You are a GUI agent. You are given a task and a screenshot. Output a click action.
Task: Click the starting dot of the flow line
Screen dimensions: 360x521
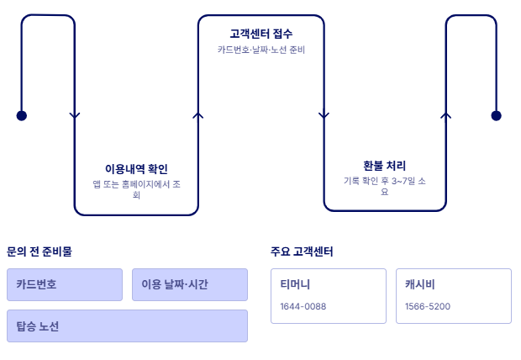(x=22, y=115)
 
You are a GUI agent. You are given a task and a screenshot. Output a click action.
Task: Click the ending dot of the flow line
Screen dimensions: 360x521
(x=496, y=115)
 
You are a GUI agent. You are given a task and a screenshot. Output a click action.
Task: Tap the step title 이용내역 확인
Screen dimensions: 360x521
(x=136, y=169)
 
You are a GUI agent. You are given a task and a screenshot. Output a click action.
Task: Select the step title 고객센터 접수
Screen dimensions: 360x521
(x=261, y=34)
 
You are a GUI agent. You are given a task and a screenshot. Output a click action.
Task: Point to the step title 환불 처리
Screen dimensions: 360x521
(x=385, y=166)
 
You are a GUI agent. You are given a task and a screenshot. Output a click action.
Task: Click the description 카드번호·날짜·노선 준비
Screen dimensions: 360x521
(x=261, y=50)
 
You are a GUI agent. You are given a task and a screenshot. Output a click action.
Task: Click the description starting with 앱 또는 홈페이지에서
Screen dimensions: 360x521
(x=136, y=189)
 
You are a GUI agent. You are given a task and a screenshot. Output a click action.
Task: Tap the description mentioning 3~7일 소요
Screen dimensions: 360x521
(x=385, y=186)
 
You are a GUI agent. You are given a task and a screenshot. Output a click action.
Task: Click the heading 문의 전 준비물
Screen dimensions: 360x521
(x=39, y=251)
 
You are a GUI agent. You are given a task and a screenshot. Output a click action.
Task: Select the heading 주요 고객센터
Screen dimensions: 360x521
(x=303, y=251)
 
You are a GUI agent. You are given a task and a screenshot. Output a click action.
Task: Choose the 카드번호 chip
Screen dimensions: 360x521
(x=66, y=284)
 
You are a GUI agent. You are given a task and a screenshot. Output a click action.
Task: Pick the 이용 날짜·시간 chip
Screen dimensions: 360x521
(x=190, y=284)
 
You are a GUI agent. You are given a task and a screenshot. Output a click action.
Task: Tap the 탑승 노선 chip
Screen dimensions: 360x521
(x=127, y=326)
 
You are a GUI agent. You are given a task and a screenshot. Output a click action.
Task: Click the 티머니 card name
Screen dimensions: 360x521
(x=295, y=284)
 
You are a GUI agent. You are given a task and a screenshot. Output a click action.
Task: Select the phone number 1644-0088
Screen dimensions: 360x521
(x=303, y=306)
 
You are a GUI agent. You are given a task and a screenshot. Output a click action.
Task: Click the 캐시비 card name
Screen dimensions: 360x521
(x=419, y=284)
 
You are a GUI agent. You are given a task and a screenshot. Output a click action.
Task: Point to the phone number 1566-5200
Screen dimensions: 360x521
(x=428, y=306)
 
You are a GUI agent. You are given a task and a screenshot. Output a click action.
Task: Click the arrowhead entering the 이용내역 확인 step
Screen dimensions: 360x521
(x=75, y=115)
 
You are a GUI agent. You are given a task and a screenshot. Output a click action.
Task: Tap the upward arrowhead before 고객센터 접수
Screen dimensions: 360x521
(x=198, y=115)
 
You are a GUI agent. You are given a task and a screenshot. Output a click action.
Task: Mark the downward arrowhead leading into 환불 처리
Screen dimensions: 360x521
(x=324, y=115)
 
